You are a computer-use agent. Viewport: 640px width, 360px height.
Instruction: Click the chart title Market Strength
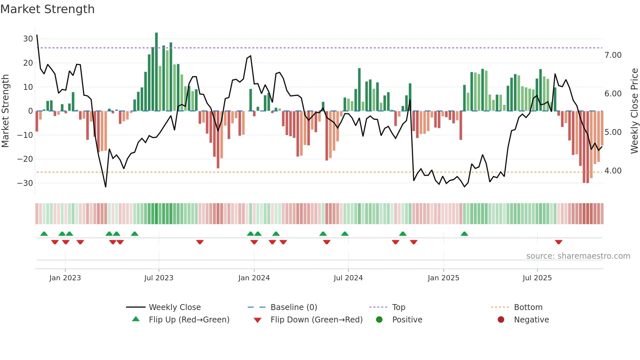(47, 9)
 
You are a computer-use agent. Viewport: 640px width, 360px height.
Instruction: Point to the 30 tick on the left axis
(28, 39)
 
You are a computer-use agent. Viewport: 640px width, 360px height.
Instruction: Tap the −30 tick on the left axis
(25, 183)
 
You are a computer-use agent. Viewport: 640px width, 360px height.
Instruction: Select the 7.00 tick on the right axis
(613, 55)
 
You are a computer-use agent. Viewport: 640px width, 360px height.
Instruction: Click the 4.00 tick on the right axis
(613, 171)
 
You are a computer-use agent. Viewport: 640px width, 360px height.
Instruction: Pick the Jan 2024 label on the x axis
(254, 278)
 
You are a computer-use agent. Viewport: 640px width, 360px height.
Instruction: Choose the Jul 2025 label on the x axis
(537, 278)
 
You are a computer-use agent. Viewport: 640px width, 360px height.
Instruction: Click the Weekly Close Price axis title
(634, 111)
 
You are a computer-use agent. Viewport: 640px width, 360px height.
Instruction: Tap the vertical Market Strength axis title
(5, 111)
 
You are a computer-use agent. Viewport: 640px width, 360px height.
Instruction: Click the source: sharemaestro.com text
(578, 256)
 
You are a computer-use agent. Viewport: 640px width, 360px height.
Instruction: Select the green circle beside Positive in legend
(379, 319)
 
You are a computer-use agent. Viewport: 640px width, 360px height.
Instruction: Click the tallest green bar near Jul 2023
(156, 72)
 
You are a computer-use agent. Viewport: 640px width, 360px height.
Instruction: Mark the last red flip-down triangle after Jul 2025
(558, 242)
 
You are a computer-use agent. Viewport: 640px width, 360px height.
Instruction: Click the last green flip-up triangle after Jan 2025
(464, 234)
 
